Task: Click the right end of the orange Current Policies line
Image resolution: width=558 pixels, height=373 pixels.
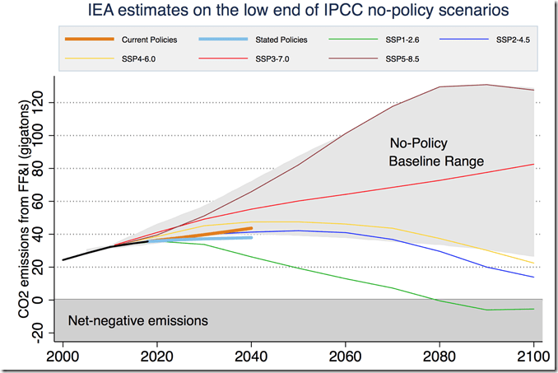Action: point(251,228)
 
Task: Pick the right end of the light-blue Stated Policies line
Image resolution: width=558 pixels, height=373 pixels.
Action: point(251,237)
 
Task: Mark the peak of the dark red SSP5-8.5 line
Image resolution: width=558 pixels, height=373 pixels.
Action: point(486,85)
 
